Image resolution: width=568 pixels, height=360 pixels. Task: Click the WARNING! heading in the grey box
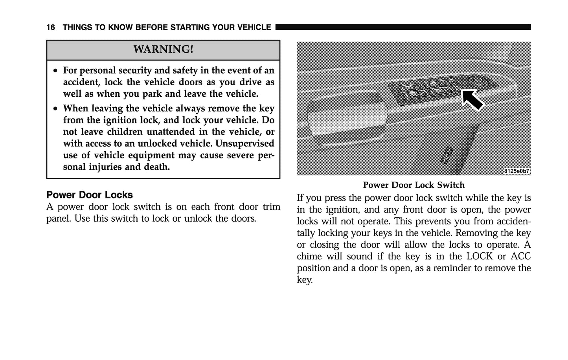click(x=163, y=50)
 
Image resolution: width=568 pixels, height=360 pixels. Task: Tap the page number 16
click(x=50, y=28)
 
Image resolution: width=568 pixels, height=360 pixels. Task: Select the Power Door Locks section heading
click(x=90, y=195)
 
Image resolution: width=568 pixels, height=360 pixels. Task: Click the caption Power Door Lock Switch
click(x=414, y=185)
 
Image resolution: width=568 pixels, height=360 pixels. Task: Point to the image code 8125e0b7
click(x=517, y=171)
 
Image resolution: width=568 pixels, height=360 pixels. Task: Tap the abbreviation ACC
click(x=520, y=257)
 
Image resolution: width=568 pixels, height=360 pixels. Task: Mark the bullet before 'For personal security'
click(x=56, y=71)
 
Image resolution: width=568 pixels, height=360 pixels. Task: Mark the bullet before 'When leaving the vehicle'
click(x=56, y=108)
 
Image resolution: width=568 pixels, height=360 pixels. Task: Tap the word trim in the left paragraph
click(x=272, y=207)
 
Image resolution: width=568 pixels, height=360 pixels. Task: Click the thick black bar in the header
click(x=403, y=27)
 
